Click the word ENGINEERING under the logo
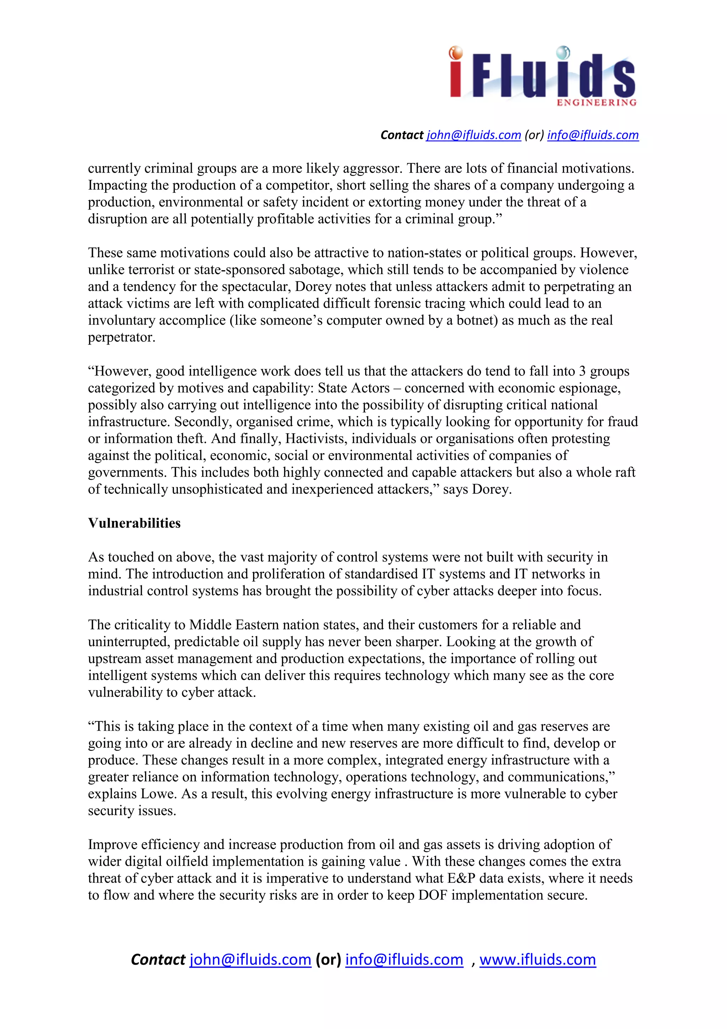coord(596,103)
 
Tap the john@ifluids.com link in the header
coord(474,135)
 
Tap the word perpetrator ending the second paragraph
coord(121,337)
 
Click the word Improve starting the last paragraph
coord(113,844)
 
